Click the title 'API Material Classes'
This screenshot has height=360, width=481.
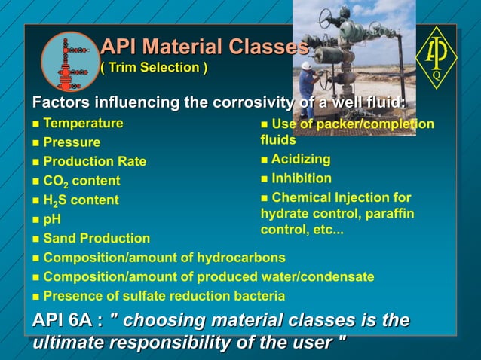pos(204,47)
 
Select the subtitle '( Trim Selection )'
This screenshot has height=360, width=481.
pos(154,69)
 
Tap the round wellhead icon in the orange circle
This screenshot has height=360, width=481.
pos(69,61)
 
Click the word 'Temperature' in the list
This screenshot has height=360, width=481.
pos(83,123)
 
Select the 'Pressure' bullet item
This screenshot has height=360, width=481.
pos(72,142)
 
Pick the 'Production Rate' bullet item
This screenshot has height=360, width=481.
pos(94,162)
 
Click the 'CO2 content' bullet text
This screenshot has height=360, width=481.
pos(81,182)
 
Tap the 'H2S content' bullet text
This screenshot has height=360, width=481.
pos(81,200)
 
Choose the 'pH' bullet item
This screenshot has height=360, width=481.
pos(52,220)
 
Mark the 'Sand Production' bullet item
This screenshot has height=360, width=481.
pos(97,239)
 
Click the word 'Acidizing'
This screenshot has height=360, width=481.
pos(301,159)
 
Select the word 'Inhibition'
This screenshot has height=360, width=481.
pos(302,178)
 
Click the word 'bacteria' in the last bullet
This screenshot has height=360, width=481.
pos(259,296)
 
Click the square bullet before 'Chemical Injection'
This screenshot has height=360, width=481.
pos(264,199)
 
